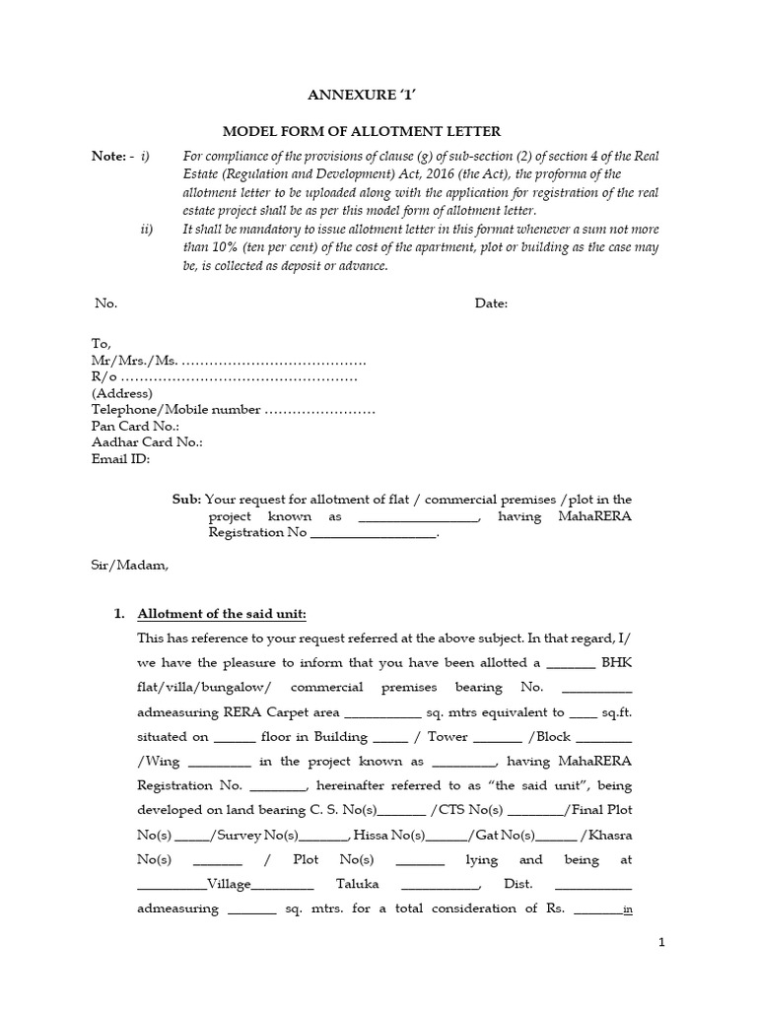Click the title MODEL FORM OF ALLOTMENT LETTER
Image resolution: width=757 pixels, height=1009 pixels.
(362, 131)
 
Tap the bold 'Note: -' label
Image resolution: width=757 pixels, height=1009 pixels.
(113, 156)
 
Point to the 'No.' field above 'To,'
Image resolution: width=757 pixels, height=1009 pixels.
(105, 303)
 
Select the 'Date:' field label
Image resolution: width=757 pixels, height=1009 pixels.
(491, 303)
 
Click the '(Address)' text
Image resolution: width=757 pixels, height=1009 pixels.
(122, 393)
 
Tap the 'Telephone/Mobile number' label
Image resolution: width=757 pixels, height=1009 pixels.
(175, 410)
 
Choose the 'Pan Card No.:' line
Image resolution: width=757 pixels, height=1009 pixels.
(135, 426)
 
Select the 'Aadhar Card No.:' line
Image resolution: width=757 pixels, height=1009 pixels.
(147, 442)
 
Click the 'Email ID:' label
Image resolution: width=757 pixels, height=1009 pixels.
(120, 458)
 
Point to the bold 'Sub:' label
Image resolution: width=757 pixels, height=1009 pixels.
(186, 500)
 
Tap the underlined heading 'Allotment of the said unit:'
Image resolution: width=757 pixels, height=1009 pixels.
(222, 614)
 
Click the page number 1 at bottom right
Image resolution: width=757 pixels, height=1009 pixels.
(662, 943)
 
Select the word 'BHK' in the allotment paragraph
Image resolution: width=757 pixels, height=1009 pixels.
(617, 662)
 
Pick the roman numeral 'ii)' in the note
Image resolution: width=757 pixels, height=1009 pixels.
(147, 229)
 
